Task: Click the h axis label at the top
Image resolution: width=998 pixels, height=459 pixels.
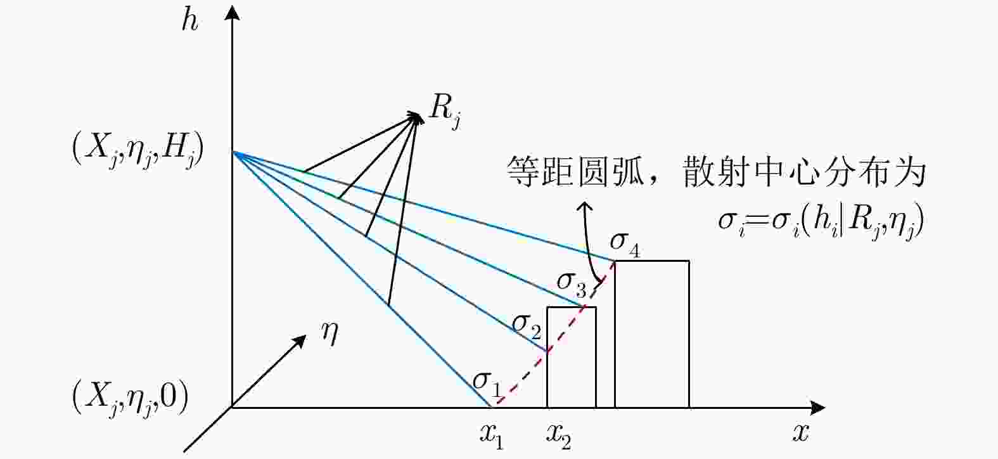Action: (x=189, y=21)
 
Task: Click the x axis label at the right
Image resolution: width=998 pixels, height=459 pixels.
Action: (x=800, y=432)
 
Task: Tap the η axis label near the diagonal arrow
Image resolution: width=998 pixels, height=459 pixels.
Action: (x=329, y=334)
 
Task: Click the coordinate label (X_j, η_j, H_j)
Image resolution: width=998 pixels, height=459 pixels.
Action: (x=138, y=152)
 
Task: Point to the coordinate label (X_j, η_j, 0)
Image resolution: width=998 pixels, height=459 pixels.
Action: (x=130, y=398)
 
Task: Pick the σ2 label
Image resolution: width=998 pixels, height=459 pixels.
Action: (x=527, y=326)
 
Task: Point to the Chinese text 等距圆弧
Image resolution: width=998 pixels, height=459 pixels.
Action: (x=575, y=171)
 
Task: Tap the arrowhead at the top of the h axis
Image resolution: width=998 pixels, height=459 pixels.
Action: (x=232, y=13)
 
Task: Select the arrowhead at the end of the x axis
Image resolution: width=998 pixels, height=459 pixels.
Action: (x=817, y=407)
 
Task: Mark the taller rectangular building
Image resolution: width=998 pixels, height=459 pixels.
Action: (x=652, y=334)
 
